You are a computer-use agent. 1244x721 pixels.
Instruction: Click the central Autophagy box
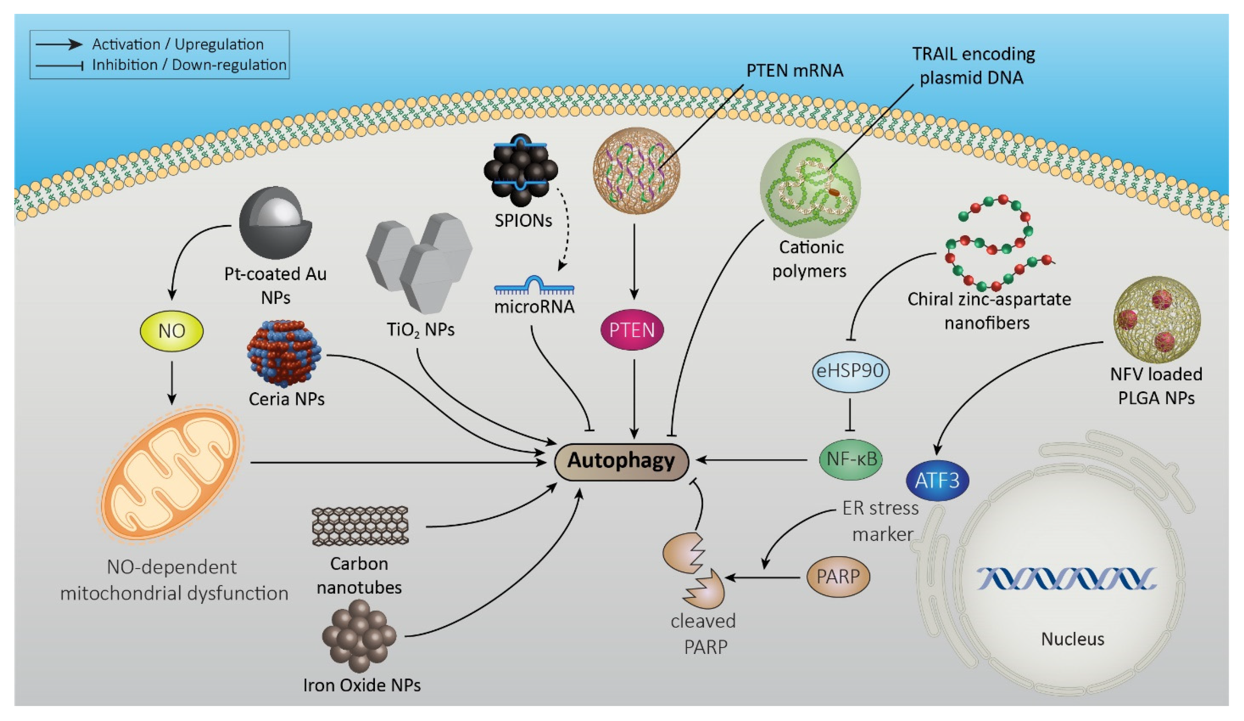coord(621,461)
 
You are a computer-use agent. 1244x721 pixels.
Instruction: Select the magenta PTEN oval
coord(632,330)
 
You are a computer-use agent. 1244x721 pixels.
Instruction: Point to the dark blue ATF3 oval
coord(937,481)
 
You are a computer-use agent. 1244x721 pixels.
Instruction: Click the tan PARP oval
coord(838,576)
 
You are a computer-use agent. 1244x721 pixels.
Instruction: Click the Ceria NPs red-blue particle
coord(284,353)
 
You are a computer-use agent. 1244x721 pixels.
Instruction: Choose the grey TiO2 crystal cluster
coord(420,261)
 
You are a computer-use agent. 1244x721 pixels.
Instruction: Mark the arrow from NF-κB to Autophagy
coord(750,460)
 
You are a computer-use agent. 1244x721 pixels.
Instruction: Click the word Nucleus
coord(1072,639)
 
